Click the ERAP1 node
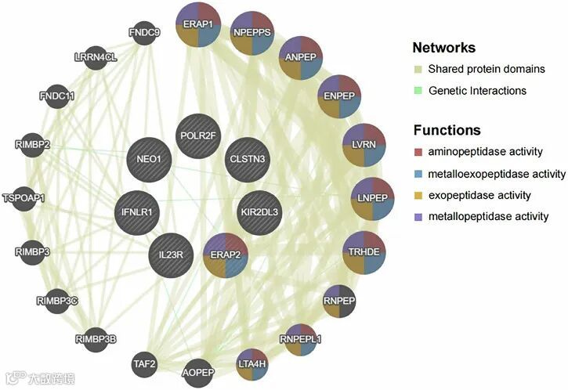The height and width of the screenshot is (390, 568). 198,25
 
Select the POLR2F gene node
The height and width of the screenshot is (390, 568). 198,135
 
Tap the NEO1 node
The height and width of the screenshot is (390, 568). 149,158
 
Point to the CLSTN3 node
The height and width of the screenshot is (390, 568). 248,159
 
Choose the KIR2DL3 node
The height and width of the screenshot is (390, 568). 259,211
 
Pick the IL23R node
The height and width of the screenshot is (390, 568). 171,255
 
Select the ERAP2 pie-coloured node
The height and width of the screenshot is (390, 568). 226,255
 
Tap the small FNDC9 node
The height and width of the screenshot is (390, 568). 144,33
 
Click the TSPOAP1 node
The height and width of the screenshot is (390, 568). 24,197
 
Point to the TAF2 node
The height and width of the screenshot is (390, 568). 145,363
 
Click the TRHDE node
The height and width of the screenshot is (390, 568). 364,252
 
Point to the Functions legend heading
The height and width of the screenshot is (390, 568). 447,130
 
